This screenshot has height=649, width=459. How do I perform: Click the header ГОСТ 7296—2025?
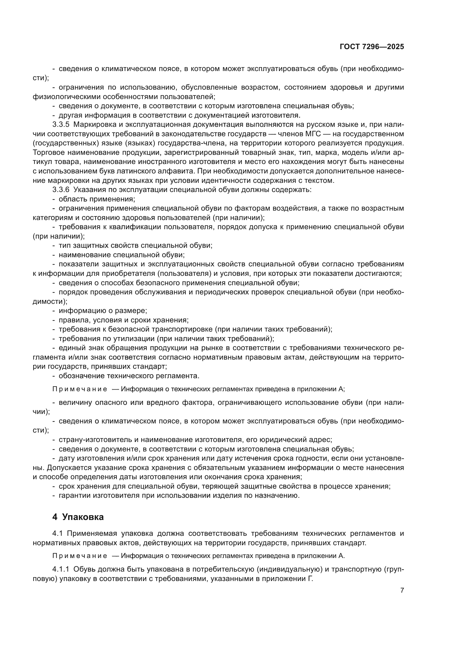coord(372,47)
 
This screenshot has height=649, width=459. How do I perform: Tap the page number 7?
coord(402,590)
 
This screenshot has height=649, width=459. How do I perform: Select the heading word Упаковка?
coord(83,517)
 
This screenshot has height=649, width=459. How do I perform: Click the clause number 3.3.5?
coord(61,125)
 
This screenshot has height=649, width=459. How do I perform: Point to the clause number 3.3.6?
coord(61,190)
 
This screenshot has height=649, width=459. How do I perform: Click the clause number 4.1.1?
coord(61,569)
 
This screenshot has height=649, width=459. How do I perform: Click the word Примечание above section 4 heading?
coord(80,389)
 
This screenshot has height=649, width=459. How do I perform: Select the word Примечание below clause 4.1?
coord(80,556)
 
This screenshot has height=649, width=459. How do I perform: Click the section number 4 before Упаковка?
coord(55,517)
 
